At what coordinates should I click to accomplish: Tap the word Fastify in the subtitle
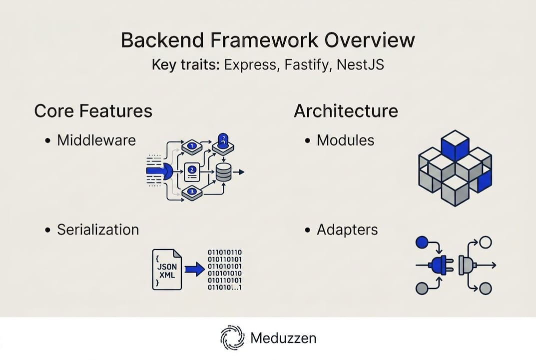pyautogui.click(x=305, y=65)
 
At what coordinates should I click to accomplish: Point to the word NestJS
pyautogui.click(x=358, y=65)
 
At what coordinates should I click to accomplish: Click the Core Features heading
pyautogui.click(x=93, y=111)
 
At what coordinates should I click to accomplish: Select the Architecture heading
pyautogui.click(x=346, y=111)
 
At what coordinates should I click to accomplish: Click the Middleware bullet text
pyautogui.click(x=96, y=140)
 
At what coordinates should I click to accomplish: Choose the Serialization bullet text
pyautogui.click(x=98, y=229)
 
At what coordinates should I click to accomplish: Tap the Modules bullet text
pyautogui.click(x=345, y=140)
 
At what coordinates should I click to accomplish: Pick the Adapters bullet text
pyautogui.click(x=347, y=229)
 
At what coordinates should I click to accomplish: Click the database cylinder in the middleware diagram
pyautogui.click(x=223, y=173)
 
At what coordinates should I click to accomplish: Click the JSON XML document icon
pyautogui.click(x=166, y=269)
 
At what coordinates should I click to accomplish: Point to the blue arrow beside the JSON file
pyautogui.click(x=194, y=269)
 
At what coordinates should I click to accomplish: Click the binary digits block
pyautogui.click(x=225, y=270)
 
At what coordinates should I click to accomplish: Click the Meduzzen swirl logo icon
pyautogui.click(x=232, y=338)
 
